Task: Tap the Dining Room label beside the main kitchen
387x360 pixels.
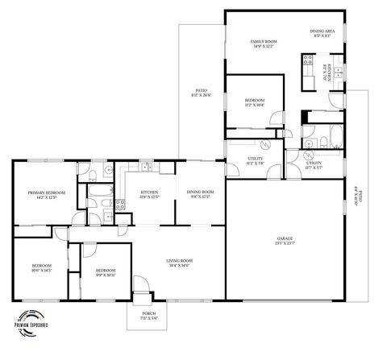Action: (x=198, y=194)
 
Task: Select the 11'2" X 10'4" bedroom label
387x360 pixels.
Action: (x=254, y=102)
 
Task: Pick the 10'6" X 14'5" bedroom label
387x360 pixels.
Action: (x=41, y=267)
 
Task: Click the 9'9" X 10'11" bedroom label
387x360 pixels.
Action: (x=106, y=273)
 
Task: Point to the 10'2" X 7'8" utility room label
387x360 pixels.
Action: (x=243, y=162)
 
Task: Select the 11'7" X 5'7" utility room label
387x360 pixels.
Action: (x=314, y=165)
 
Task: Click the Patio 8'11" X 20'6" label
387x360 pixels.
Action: (x=199, y=93)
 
